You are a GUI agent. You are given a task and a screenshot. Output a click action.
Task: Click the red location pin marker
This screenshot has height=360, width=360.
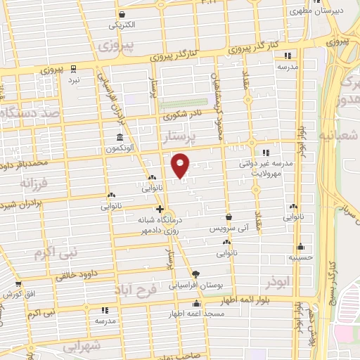pyautogui.click(x=181, y=165)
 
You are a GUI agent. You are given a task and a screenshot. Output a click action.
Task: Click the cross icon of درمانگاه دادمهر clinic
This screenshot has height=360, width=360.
pyautogui.click(x=160, y=209)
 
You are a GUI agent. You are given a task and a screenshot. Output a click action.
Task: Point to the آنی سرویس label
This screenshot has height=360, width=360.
pyautogui.click(x=229, y=229)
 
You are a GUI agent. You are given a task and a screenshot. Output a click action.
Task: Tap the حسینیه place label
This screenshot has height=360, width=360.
pyautogui.click(x=300, y=257)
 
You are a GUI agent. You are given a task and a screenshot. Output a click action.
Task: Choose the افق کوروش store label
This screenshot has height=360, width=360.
pyautogui.click(x=14, y=291)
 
